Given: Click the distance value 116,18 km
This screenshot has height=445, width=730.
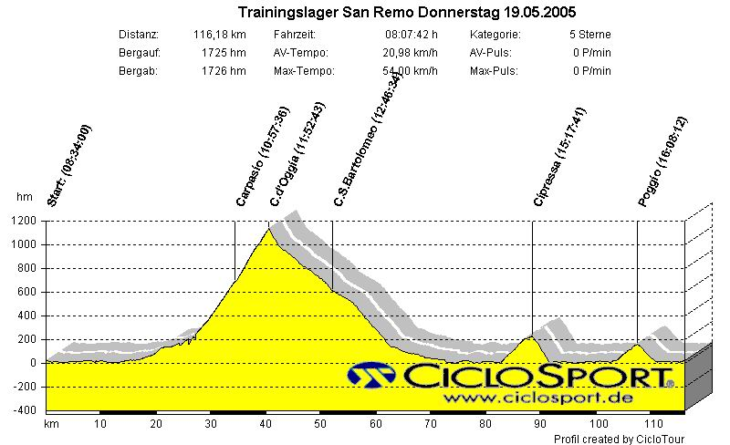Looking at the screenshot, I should (x=219, y=35).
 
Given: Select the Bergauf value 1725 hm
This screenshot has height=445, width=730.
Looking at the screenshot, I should (x=224, y=53).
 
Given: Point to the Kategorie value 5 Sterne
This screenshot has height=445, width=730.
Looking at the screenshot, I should (x=589, y=35).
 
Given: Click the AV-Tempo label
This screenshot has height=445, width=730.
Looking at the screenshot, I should (x=300, y=53).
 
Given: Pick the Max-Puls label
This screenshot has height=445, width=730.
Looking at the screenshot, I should (x=493, y=70).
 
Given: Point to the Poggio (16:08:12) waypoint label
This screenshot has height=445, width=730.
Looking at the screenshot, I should (x=662, y=162).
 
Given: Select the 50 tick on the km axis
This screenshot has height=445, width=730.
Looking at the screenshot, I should (x=320, y=424).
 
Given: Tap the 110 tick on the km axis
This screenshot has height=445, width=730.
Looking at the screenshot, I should (x=652, y=424).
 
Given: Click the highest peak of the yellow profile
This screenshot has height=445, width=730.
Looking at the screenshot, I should (x=268, y=229).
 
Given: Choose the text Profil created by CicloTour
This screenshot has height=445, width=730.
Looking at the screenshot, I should (x=619, y=439).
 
